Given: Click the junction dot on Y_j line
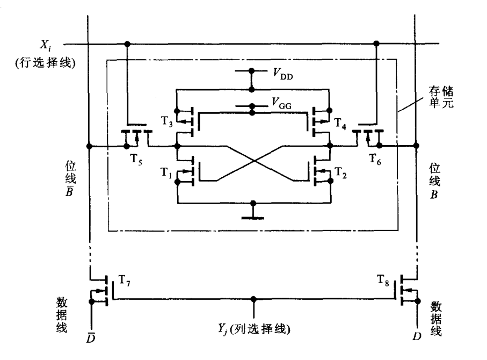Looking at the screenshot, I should click(254, 298).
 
